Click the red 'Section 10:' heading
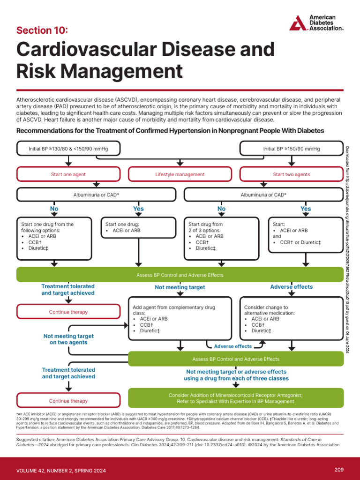point(42,30)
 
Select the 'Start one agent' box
point(68,174)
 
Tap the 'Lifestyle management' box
point(180,174)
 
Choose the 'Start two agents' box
point(291,174)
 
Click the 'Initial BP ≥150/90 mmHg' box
point(291,149)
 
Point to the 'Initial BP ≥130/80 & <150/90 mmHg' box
point(68,149)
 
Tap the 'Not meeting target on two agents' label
point(68,339)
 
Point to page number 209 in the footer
point(339,470)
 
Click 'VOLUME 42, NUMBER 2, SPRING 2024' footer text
point(61,470)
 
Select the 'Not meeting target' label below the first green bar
point(180,287)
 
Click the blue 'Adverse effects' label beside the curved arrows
point(232,346)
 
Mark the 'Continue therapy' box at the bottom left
point(68,401)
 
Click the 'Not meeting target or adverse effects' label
point(236,371)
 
